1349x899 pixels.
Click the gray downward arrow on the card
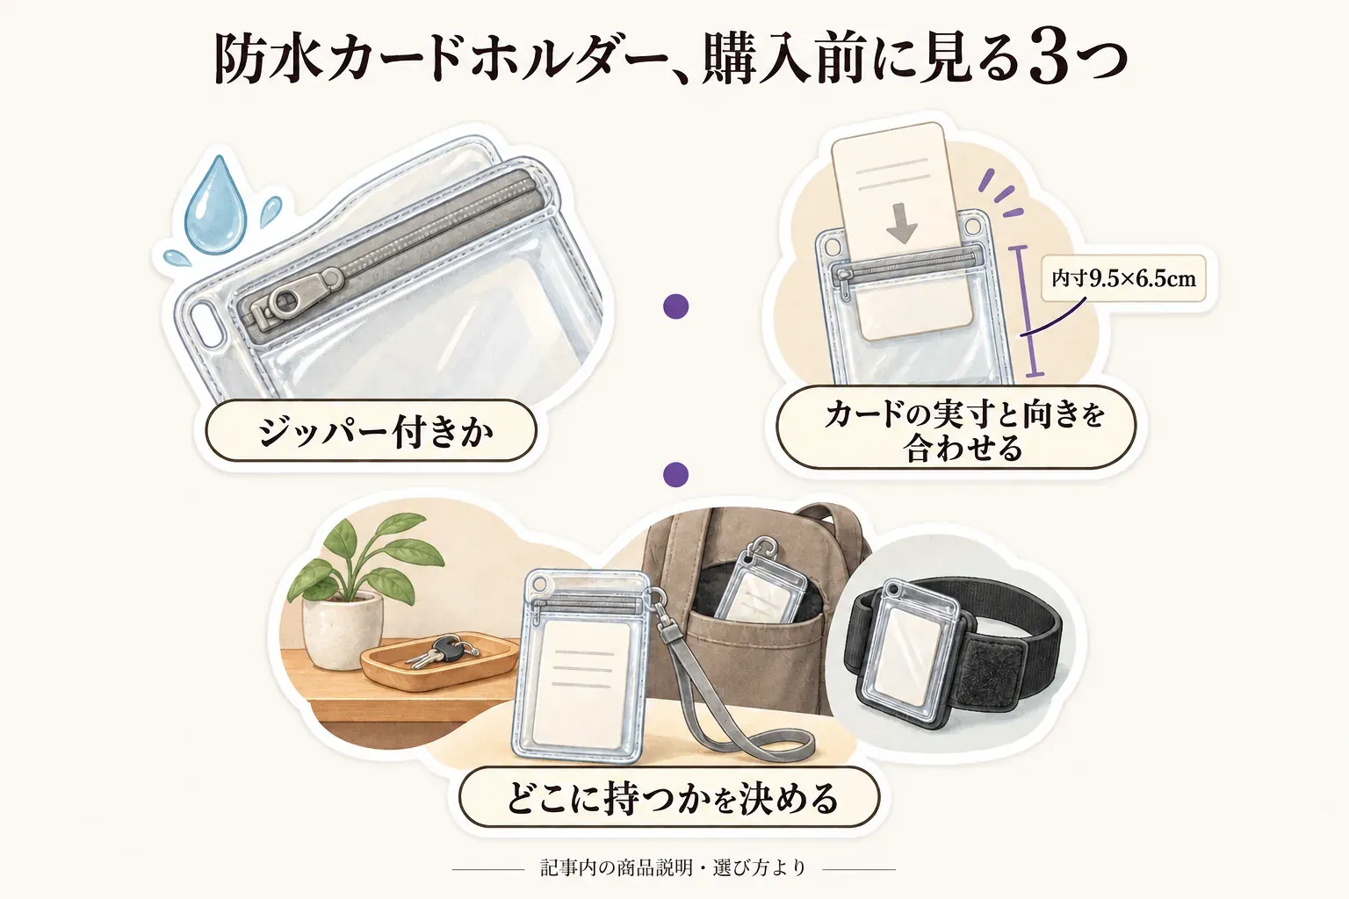coord(902,223)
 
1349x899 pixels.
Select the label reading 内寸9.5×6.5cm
coord(1124,279)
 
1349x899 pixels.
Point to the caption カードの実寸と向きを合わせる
coord(963,431)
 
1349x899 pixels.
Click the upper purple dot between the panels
coord(675,306)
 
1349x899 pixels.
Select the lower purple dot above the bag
coord(675,474)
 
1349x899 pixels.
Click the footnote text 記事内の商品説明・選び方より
coord(673,867)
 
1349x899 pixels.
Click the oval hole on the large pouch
coord(205,323)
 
